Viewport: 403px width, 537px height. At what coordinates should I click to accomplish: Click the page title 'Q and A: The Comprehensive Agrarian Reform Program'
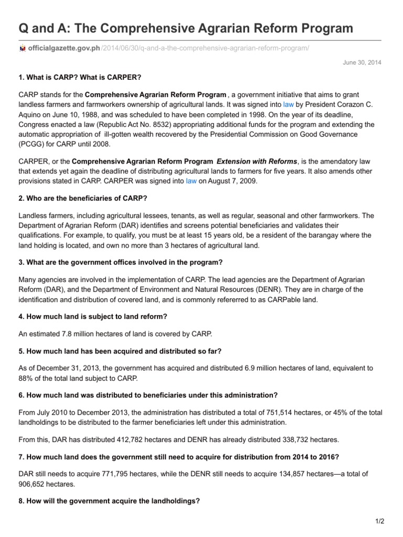(186, 28)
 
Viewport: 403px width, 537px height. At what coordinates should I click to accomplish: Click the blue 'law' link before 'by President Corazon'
(288, 105)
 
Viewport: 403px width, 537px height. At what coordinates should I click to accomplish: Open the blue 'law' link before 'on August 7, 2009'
(191, 181)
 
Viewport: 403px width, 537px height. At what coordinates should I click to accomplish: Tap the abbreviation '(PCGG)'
(30, 143)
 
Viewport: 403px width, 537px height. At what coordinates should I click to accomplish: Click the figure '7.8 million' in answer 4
(73, 335)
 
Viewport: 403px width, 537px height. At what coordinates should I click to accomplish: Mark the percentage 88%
(26, 378)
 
